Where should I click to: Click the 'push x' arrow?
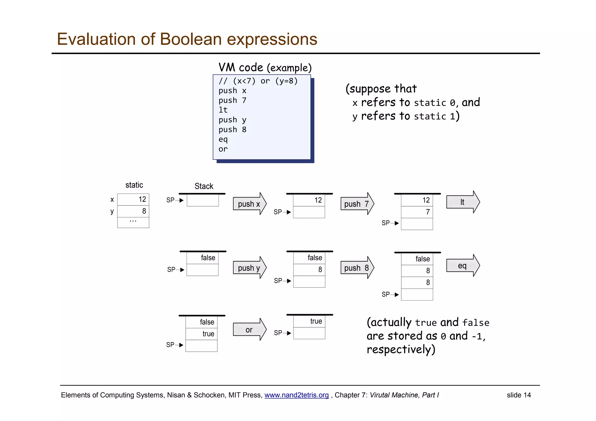(x=249, y=204)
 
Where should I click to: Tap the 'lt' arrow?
(x=462, y=202)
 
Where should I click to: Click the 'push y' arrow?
(x=249, y=268)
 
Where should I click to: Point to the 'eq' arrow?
(x=462, y=266)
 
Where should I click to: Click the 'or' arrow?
(x=249, y=330)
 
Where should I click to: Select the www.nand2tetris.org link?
(x=296, y=395)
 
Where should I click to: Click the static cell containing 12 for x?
(x=133, y=200)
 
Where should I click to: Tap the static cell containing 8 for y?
(x=133, y=211)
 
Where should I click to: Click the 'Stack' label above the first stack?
(x=204, y=186)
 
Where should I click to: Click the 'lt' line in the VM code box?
(x=223, y=110)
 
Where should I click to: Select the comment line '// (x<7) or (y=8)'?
(x=258, y=81)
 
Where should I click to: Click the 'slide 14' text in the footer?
(x=519, y=395)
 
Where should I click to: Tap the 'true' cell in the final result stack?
(x=309, y=321)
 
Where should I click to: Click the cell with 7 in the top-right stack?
(x=417, y=212)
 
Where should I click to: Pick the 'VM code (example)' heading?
(x=265, y=67)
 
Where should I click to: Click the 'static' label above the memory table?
(x=134, y=185)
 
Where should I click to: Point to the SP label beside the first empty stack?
(x=171, y=200)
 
